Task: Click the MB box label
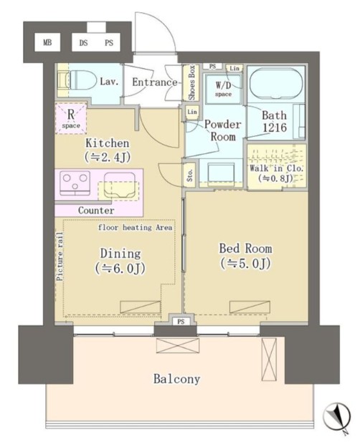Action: tap(47, 43)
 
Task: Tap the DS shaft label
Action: tap(83, 43)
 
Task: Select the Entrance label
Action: tap(154, 82)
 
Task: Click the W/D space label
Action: tap(223, 90)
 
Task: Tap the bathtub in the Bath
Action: tap(276, 83)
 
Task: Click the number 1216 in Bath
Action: tap(275, 128)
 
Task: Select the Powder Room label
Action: tap(223, 130)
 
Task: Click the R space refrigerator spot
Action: tap(71, 118)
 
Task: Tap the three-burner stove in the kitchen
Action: tap(75, 183)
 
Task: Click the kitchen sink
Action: tap(119, 186)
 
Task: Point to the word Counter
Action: tap(96, 211)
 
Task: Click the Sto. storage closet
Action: tap(190, 175)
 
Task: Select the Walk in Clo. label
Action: tap(276, 173)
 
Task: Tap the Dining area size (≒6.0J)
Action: tap(120, 268)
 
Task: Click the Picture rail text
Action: tap(60, 256)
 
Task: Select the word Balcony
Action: tap(176, 379)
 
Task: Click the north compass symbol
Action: tap(337, 417)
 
